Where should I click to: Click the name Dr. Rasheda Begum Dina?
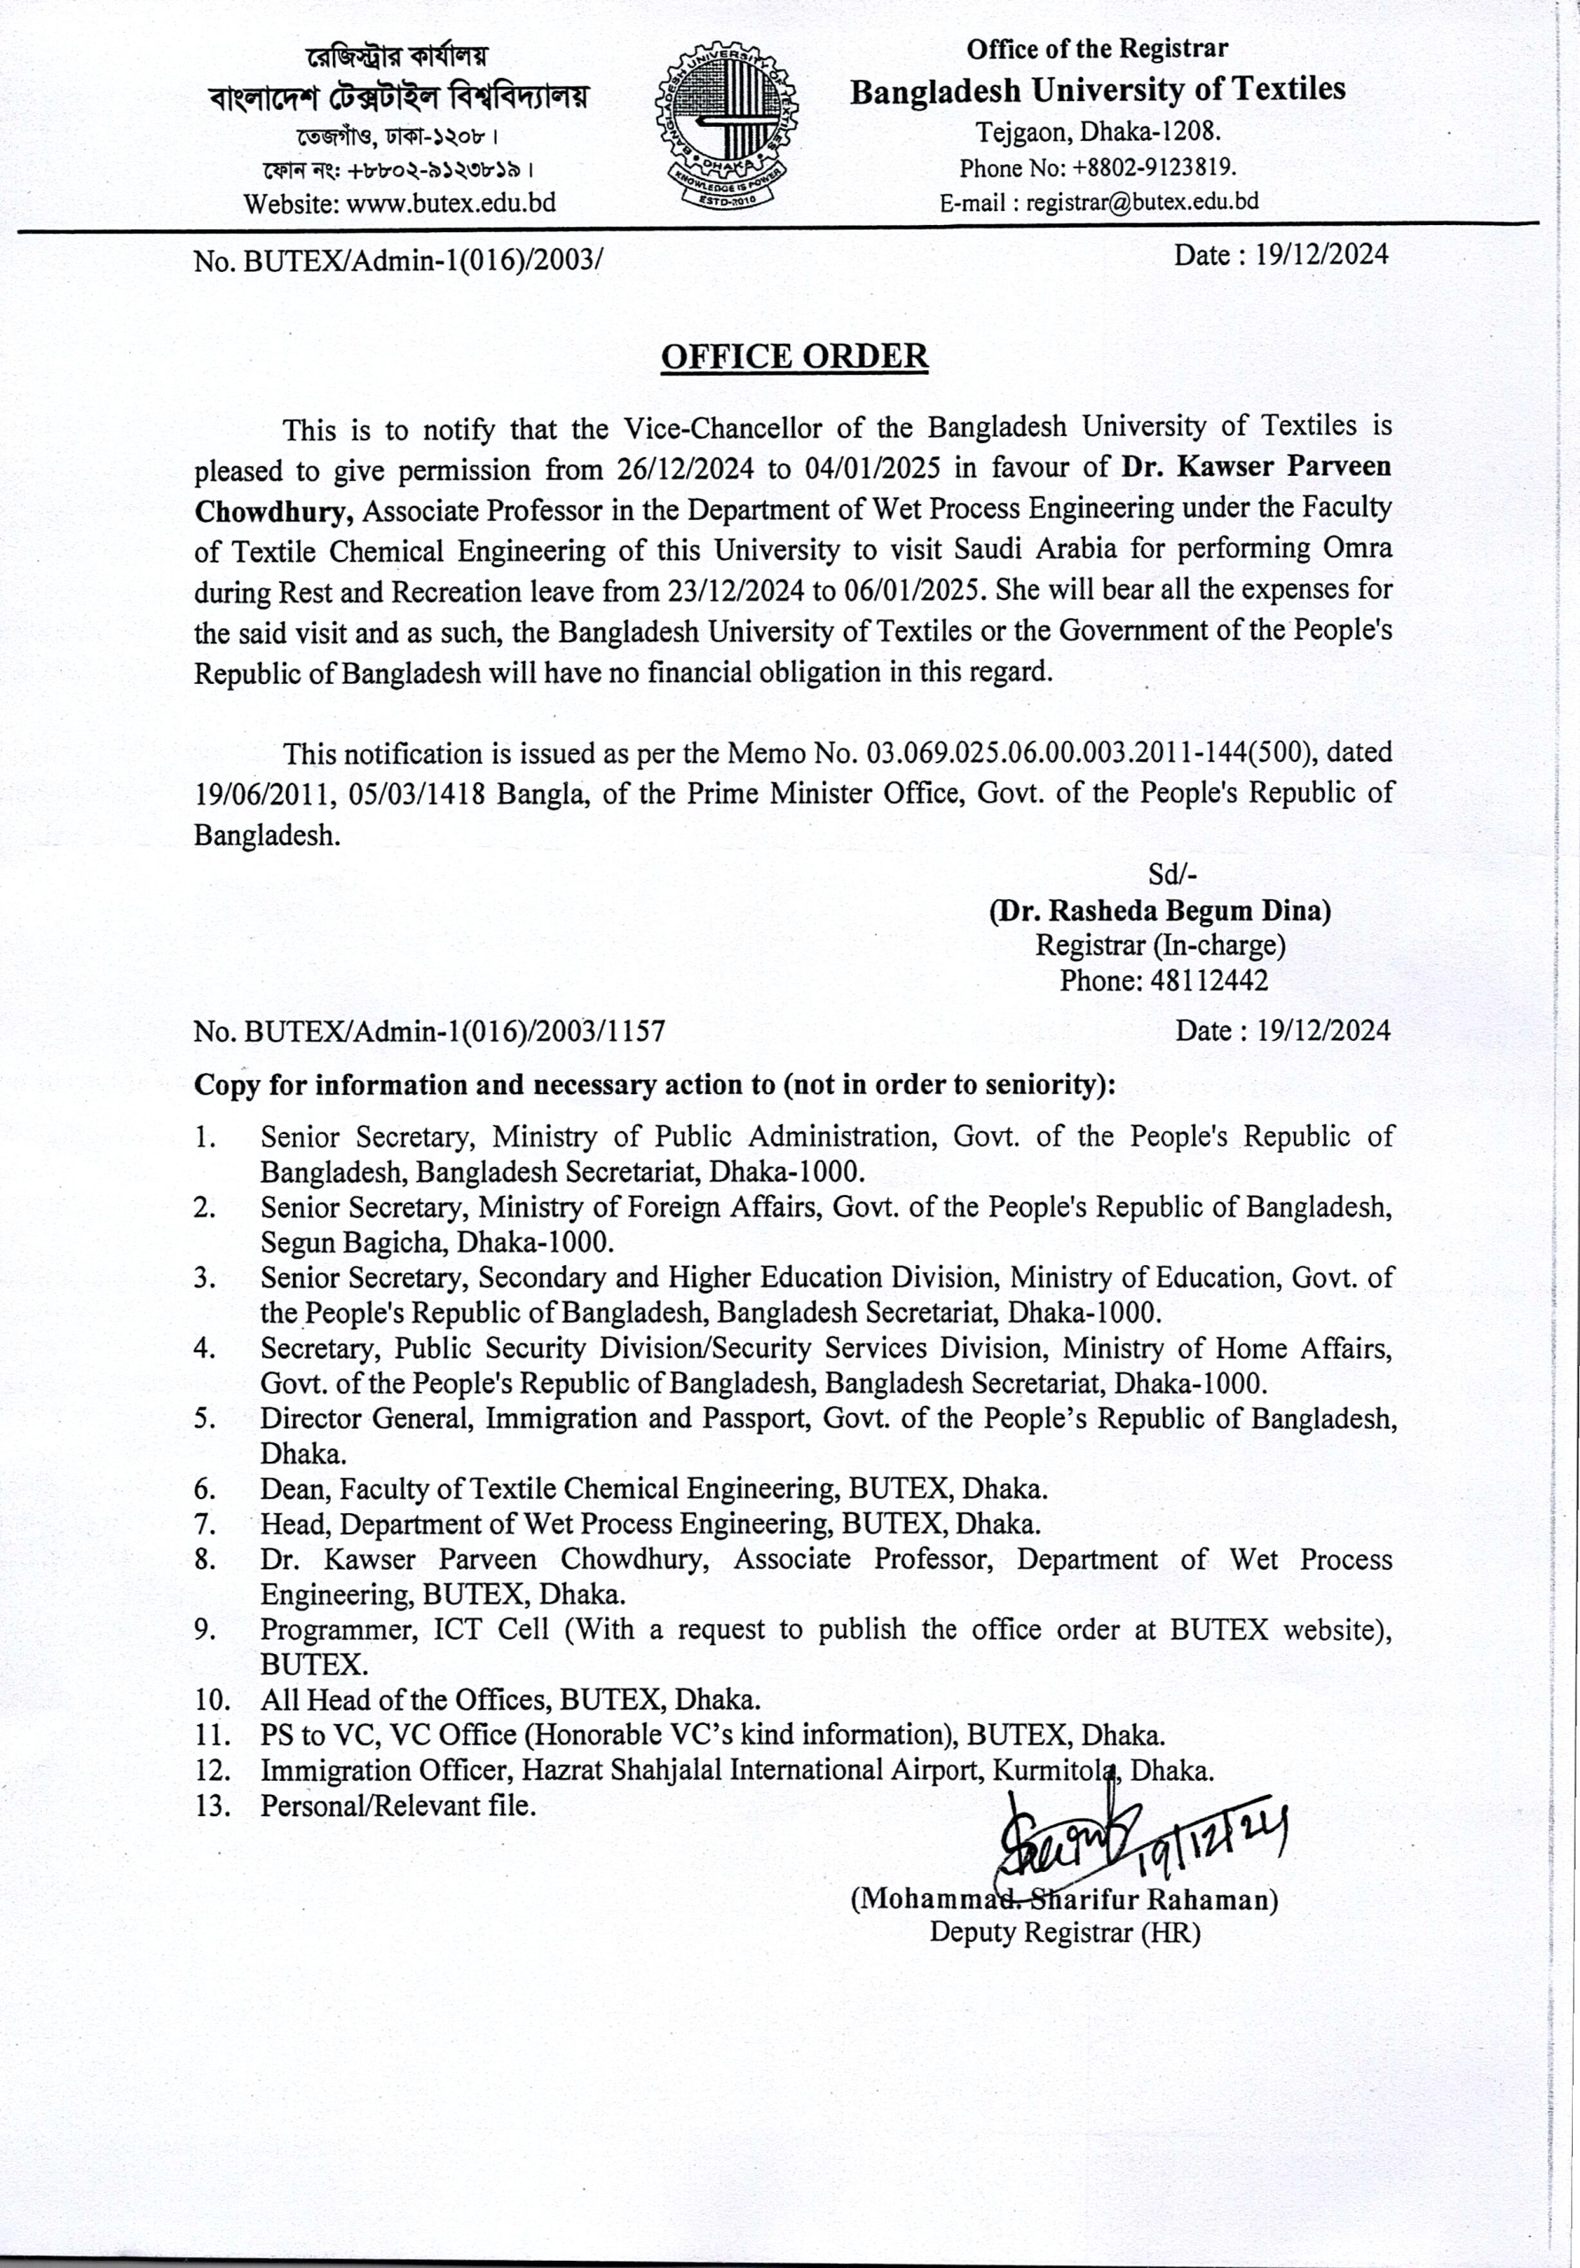click(x=1160, y=910)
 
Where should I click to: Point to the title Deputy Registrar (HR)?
click(x=1065, y=1932)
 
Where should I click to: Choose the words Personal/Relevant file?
click(x=398, y=1806)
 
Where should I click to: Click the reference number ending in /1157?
click(x=430, y=1031)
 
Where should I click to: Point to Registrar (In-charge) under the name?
click(x=1160, y=945)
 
